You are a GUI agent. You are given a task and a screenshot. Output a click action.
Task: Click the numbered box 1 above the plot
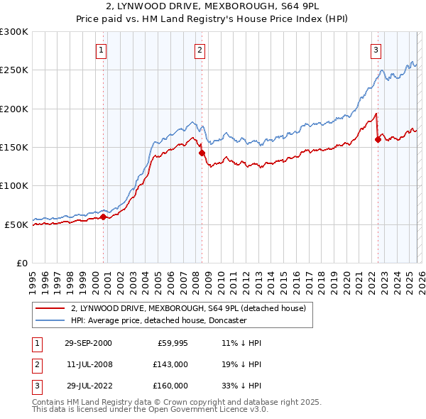click(x=102, y=50)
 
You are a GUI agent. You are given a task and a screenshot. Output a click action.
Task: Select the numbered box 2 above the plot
click(x=200, y=50)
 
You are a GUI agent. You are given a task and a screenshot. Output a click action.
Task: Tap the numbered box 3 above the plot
click(x=376, y=50)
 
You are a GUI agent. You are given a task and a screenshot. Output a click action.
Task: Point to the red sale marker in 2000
click(x=104, y=217)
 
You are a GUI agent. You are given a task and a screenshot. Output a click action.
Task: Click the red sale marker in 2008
click(x=202, y=153)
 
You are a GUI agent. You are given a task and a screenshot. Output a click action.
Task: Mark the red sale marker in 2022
click(x=378, y=140)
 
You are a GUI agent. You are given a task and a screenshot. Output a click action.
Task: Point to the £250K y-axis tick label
click(x=14, y=70)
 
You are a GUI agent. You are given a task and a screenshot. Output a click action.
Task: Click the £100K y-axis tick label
click(x=14, y=186)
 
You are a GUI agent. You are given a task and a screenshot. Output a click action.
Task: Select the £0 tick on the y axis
click(x=21, y=263)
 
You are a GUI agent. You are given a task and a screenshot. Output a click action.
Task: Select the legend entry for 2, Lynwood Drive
click(x=188, y=308)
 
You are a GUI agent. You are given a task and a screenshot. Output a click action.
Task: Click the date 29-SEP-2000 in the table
click(x=87, y=343)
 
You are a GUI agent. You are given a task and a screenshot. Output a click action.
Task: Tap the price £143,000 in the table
click(x=170, y=364)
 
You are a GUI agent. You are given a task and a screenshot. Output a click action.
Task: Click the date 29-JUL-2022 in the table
click(x=87, y=386)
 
